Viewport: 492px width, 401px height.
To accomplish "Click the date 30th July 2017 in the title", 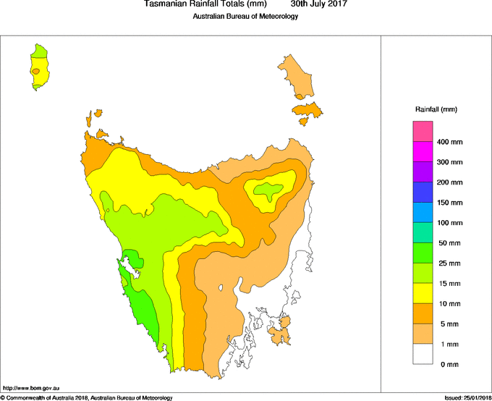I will (x=318, y=4).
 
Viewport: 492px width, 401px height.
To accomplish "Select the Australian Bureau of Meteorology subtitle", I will (x=245, y=16).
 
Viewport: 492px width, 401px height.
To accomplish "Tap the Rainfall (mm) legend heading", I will (x=436, y=109).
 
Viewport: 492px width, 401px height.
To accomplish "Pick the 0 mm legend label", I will (x=448, y=364).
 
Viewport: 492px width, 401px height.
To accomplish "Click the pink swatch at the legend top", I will (x=423, y=132).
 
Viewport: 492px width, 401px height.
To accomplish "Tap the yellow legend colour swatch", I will (x=423, y=293).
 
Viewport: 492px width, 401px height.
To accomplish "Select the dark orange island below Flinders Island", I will (x=307, y=111).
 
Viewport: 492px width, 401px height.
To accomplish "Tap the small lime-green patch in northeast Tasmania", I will (x=268, y=192).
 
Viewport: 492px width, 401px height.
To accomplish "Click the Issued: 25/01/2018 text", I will (x=467, y=397).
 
